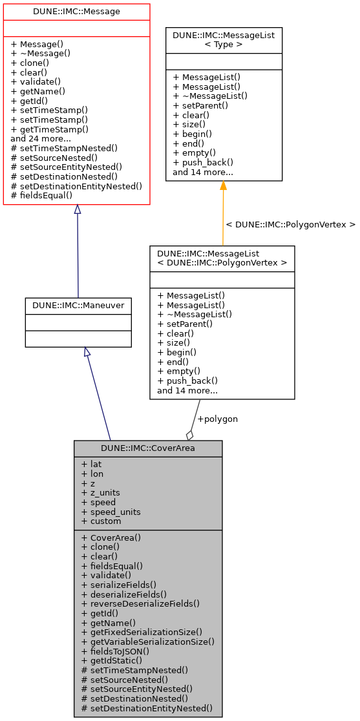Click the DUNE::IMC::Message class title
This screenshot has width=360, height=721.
(76, 12)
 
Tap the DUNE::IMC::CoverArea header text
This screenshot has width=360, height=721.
(148, 448)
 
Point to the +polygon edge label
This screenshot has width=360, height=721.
(217, 419)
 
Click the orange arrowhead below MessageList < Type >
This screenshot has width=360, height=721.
(223, 186)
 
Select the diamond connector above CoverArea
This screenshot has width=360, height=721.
(190, 435)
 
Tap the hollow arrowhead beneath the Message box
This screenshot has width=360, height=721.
(77, 209)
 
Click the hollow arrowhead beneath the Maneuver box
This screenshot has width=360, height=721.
(87, 352)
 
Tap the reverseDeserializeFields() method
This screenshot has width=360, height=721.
(140, 603)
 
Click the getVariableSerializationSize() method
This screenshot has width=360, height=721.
(147, 642)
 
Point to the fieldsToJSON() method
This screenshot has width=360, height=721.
(115, 651)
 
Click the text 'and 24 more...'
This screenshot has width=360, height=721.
(41, 138)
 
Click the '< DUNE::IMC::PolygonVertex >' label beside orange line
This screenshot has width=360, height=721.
(290, 225)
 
